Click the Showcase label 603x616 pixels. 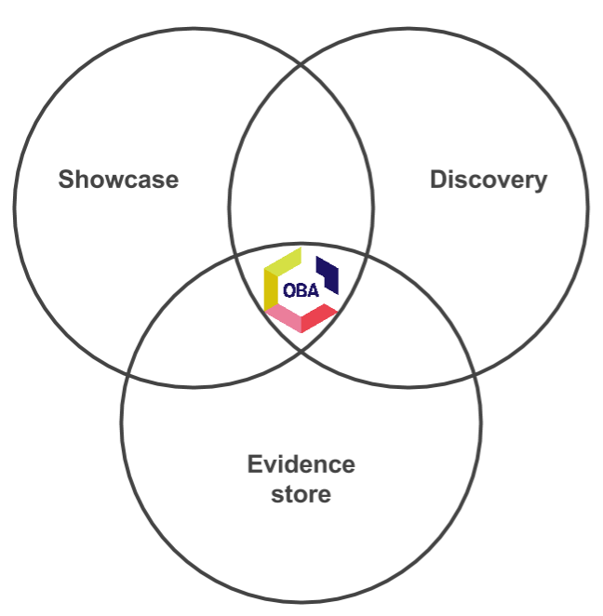(118, 179)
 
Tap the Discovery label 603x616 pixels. (489, 179)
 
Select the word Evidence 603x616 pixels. (301, 463)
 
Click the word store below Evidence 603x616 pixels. (301, 493)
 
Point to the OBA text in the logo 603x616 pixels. (301, 290)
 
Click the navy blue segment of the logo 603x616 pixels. (328, 273)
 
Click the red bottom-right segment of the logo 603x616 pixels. (318, 317)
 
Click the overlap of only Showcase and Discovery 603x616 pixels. (301, 167)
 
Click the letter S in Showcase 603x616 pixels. (66, 179)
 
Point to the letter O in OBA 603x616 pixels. (289, 290)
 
